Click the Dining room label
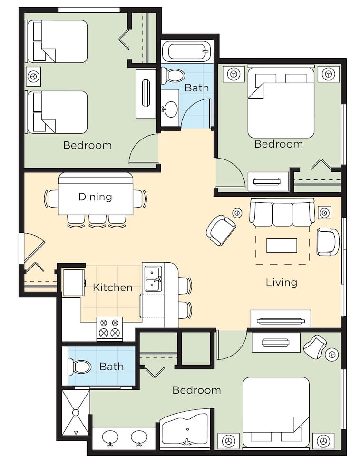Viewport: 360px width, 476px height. coord(95,197)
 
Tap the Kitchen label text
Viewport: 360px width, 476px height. coord(112,288)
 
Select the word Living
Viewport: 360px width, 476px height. coord(281,282)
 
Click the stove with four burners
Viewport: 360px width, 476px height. coord(109,328)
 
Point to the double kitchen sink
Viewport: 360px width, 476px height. coord(153,278)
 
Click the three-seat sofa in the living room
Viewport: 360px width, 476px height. coord(282,213)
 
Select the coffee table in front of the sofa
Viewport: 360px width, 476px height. coord(282,246)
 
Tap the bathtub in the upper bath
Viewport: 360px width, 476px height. coord(186,51)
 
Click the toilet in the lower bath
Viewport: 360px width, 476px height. coord(80,367)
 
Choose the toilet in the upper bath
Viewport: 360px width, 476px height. coord(173,76)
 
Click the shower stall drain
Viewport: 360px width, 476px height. coord(75,412)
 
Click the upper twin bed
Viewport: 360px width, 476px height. coord(57,41)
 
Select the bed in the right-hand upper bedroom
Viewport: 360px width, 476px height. coord(281,102)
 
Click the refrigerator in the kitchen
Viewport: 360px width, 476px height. coord(74,282)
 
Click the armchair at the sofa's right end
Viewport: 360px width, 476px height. coord(328,242)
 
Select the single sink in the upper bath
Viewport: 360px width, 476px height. coord(170,109)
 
